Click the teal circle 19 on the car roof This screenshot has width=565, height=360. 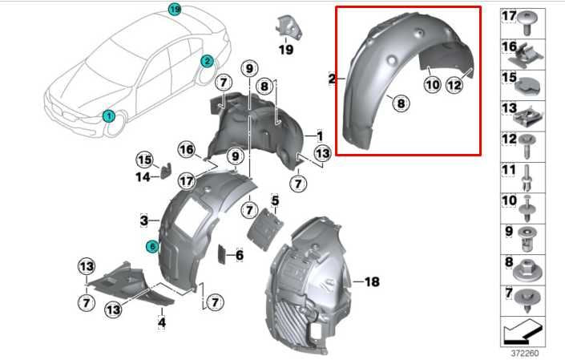click(x=175, y=9)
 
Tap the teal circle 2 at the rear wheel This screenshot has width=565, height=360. click(x=207, y=60)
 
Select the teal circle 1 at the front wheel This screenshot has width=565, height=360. click(x=107, y=115)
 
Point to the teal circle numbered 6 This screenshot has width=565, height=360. click(x=152, y=247)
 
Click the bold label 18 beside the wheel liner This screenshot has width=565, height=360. click(x=371, y=281)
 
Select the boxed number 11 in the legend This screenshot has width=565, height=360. click(x=508, y=170)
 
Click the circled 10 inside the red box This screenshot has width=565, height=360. click(x=432, y=84)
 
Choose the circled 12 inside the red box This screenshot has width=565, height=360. click(x=454, y=84)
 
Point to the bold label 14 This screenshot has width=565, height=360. click(x=143, y=176)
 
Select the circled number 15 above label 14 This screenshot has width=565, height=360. click(x=143, y=159)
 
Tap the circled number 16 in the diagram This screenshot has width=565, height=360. click(x=187, y=150)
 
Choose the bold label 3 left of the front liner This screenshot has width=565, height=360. click(x=143, y=220)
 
